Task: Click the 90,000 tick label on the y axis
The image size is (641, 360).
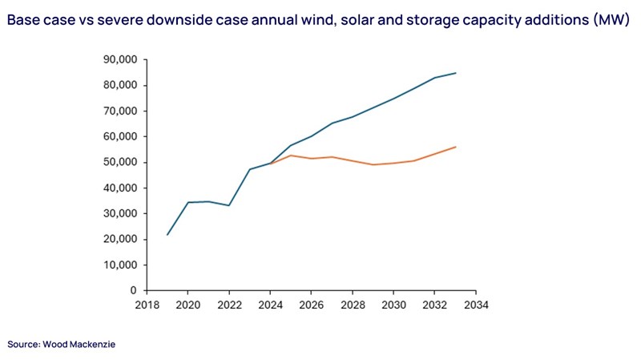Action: (x=121, y=59)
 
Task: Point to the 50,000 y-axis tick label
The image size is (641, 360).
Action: (x=121, y=162)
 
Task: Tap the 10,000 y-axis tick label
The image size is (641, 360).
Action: (x=121, y=265)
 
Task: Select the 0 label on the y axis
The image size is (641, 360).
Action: (x=133, y=290)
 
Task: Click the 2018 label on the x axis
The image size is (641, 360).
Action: (x=146, y=305)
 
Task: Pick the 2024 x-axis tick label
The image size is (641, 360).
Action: (x=270, y=305)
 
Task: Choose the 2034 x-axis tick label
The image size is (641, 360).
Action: (x=476, y=305)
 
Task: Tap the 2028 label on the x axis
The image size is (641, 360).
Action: (x=353, y=305)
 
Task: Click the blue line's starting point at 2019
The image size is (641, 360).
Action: (x=167, y=234)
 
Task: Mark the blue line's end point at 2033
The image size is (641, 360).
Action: (x=455, y=73)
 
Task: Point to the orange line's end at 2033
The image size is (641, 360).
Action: (x=455, y=147)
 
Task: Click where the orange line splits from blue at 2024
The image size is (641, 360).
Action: (x=270, y=163)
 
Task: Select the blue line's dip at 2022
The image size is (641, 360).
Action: (x=228, y=205)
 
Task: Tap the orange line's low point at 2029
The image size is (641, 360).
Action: (x=373, y=164)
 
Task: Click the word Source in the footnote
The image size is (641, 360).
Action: (x=23, y=344)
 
